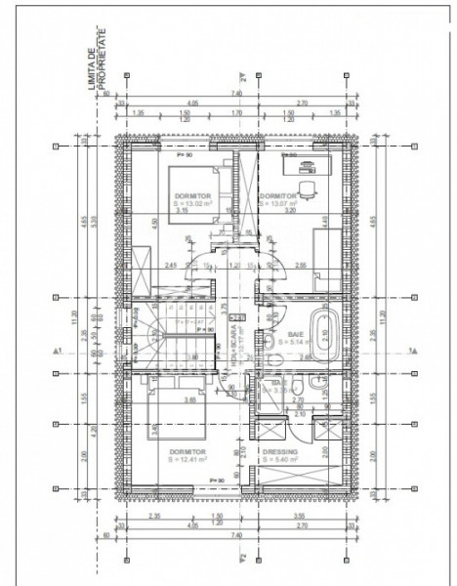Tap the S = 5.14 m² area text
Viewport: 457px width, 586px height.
(x=293, y=344)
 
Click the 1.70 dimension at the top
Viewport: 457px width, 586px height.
(x=237, y=112)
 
